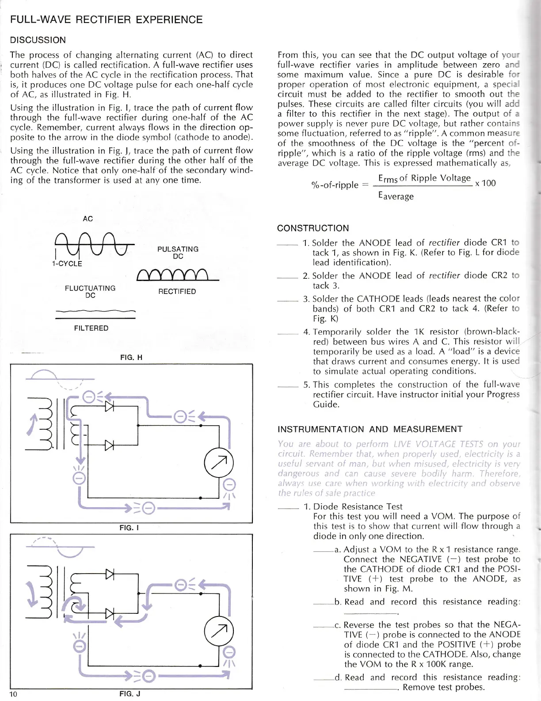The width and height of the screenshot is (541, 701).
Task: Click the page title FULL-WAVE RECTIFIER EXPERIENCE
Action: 106,20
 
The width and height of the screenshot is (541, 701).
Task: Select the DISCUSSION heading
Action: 38,40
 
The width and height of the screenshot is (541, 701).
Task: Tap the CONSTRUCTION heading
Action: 313,228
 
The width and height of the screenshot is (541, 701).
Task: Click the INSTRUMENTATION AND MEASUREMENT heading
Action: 370,429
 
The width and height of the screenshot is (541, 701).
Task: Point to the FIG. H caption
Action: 131,358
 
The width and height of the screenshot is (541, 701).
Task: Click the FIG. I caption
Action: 130,528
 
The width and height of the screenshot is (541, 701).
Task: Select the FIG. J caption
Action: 130,694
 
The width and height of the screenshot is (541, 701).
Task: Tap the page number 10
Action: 13,694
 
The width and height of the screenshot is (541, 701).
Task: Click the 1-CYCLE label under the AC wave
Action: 67,264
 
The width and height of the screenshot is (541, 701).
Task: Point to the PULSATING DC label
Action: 178,253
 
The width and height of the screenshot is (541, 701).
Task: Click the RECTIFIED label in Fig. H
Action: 177,292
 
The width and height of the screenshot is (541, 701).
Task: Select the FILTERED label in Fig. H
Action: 91,328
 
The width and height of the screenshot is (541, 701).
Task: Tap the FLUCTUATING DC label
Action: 90,292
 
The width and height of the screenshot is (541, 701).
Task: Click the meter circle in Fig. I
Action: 219,463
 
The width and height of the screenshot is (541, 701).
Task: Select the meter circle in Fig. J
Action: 219,630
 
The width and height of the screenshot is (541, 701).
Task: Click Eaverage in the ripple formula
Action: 396,196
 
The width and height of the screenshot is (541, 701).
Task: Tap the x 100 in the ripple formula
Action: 485,183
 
